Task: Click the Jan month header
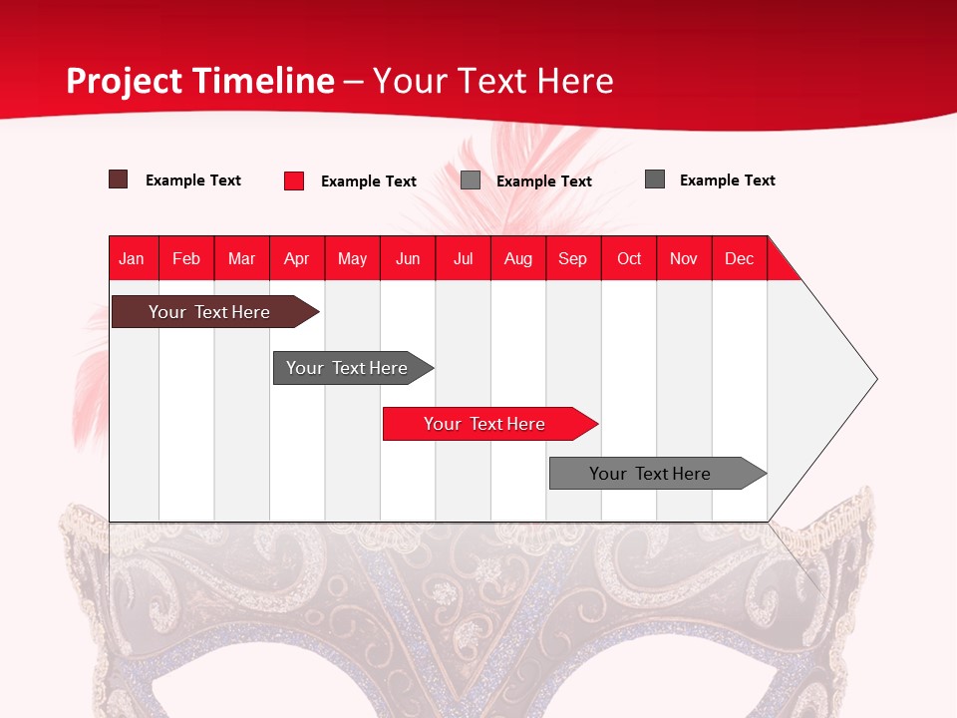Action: [x=132, y=258]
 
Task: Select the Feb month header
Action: [x=186, y=258]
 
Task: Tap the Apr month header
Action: [x=297, y=258]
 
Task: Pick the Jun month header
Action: [x=408, y=258]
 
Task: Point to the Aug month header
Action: [x=518, y=258]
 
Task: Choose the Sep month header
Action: [x=573, y=258]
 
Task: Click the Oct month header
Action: [x=629, y=258]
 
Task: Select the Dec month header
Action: [x=740, y=258]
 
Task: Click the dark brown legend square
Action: [x=119, y=179]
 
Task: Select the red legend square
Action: [x=294, y=180]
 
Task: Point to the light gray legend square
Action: [x=471, y=180]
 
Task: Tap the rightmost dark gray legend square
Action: [x=655, y=179]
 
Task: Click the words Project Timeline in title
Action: [x=200, y=81]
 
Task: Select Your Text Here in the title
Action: [x=493, y=81]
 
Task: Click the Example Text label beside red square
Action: [x=369, y=181]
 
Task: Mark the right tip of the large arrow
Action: [x=875, y=379]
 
